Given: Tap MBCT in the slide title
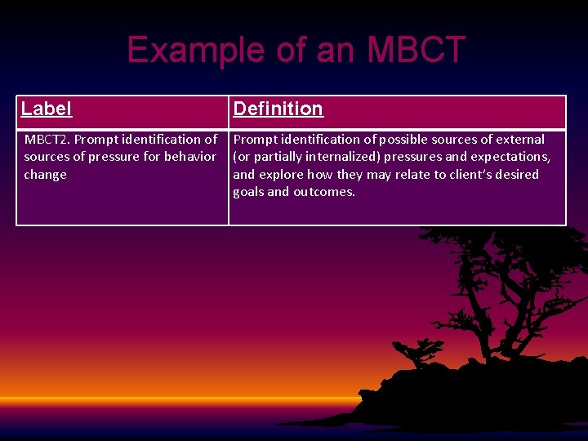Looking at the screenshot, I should coord(415,51).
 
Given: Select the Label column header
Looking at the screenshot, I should coord(47,109).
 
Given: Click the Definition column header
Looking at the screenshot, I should coord(278,109).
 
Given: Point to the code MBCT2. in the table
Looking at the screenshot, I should coord(47,140).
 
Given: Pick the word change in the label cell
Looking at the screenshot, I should coord(45,175).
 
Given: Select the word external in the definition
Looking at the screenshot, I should coord(520,140).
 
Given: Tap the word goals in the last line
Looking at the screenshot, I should coord(248,193).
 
